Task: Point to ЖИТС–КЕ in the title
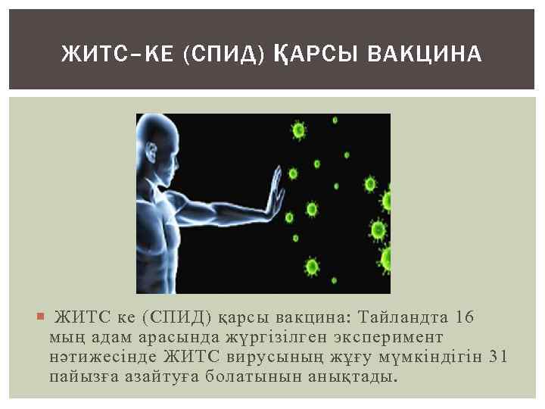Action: [118, 54]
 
